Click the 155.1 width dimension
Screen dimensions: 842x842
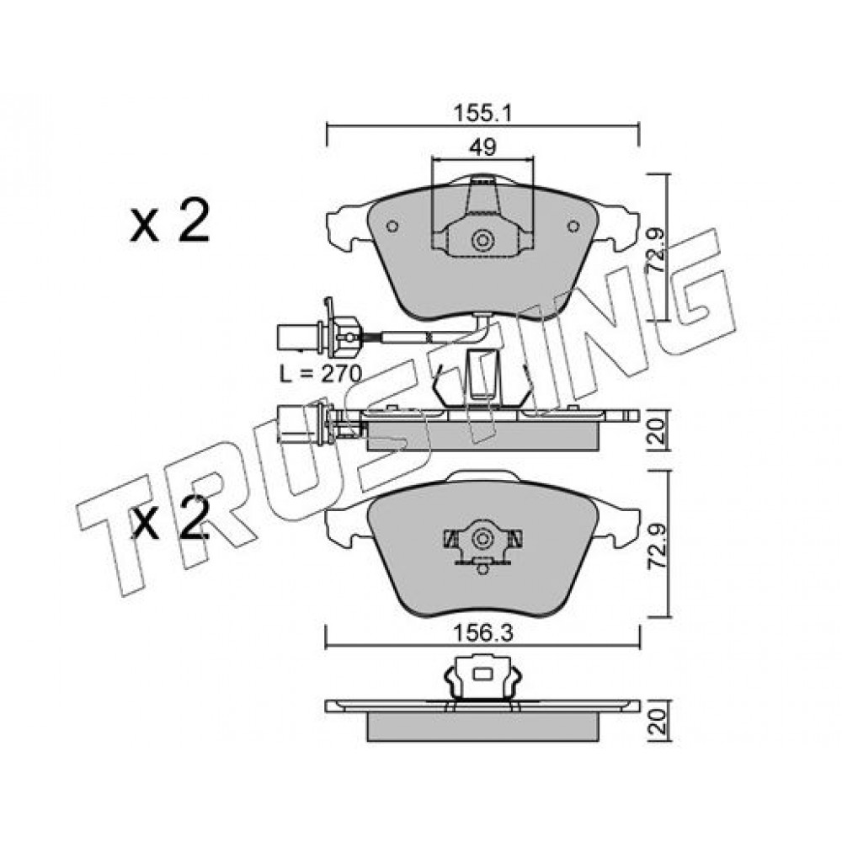482,114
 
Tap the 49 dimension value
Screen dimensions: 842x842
482,147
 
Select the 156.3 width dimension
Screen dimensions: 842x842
482,633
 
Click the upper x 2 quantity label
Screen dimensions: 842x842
169,221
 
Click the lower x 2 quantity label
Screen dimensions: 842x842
169,519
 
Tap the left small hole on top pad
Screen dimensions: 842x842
392,226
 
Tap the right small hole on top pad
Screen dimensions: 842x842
573,226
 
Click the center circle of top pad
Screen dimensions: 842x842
482,240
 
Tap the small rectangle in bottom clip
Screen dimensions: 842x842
482,672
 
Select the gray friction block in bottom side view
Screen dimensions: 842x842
482,727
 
